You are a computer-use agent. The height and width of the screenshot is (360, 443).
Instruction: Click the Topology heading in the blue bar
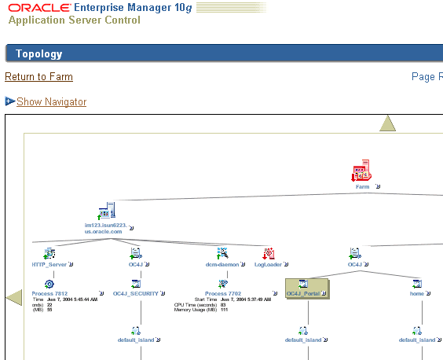tap(39, 54)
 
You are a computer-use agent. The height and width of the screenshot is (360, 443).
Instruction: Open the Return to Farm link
tap(38, 77)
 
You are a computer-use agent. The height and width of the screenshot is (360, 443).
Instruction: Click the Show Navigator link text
tap(51, 102)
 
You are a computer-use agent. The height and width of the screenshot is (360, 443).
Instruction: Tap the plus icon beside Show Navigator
tap(9, 101)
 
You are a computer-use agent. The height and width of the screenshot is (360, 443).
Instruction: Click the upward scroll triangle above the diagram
tap(388, 124)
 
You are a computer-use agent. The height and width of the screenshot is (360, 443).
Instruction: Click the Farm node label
tap(362, 187)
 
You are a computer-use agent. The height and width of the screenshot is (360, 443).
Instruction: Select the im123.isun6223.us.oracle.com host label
tap(104, 229)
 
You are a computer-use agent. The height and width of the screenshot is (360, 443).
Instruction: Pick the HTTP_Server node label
tap(49, 265)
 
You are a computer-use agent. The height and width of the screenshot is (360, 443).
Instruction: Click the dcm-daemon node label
tap(222, 265)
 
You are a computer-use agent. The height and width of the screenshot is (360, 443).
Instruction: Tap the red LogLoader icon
tap(269, 253)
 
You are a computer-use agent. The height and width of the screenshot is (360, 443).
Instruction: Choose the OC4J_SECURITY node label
tap(135, 294)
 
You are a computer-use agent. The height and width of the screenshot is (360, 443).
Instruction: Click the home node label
tap(416, 294)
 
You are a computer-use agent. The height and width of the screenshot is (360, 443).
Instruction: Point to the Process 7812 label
tap(49, 294)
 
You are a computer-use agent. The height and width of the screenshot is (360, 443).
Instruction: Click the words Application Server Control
tap(75, 20)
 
